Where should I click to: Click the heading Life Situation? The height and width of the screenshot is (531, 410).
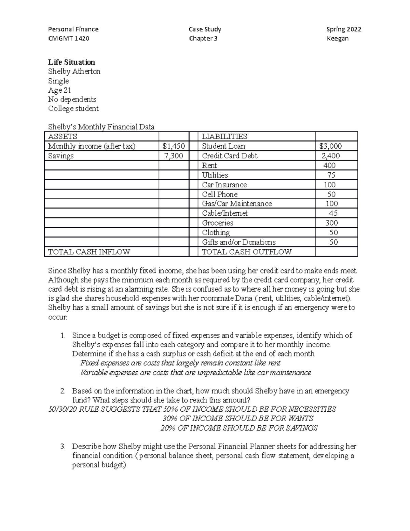71,62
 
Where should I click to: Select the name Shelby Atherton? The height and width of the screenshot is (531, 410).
74,71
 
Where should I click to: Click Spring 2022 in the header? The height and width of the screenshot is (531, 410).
344,29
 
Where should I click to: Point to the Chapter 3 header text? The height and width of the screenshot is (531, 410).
203,38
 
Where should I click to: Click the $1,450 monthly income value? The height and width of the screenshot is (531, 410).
174,146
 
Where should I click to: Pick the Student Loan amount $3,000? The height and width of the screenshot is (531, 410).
330,146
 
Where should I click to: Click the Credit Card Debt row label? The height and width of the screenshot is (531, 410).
229,156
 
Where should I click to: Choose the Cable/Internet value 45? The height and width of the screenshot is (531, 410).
333,213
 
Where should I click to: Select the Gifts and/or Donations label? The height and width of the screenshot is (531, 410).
238,242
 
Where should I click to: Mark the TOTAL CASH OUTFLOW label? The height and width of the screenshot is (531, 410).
246,252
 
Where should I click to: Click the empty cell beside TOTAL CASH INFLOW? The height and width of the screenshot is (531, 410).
174,252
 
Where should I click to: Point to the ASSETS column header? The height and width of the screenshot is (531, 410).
63,136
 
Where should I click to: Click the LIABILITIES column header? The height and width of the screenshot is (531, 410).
224,136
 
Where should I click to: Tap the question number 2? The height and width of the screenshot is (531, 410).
63,391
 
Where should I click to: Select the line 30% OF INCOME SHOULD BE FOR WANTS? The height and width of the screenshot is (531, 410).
238,419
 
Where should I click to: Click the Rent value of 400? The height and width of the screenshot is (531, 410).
330,165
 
